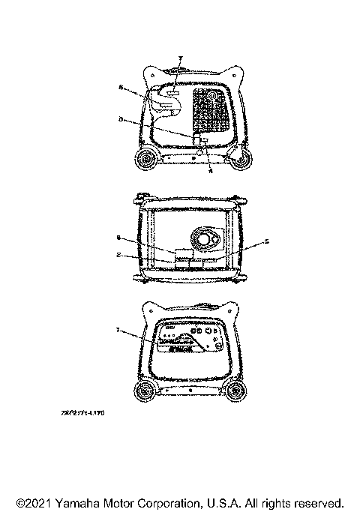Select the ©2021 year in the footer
click(x=34, y=502)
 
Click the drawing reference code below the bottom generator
click(x=82, y=412)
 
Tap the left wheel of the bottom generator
click(x=144, y=391)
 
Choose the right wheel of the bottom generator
click(x=237, y=391)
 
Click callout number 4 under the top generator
click(x=209, y=171)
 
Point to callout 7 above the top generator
click(x=179, y=57)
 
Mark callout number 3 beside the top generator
click(x=121, y=118)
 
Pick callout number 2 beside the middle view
click(x=120, y=255)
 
